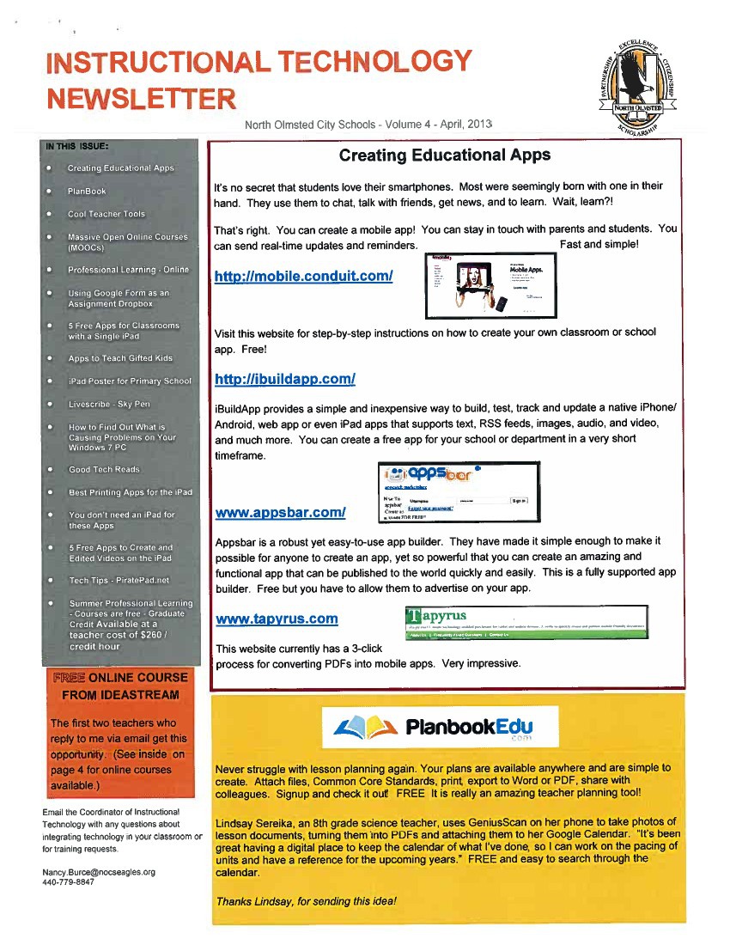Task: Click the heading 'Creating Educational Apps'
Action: [445, 155]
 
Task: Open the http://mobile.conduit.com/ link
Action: [304, 276]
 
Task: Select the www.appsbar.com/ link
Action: [280, 513]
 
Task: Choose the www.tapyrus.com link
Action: [276, 619]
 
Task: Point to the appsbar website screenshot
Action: [459, 492]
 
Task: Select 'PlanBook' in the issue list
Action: [87, 192]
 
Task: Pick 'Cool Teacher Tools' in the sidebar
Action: [106, 214]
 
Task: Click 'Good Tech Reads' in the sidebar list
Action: [104, 470]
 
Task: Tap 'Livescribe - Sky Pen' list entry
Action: [109, 404]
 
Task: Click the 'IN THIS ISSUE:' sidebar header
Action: [76, 146]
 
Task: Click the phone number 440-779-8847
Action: [68, 882]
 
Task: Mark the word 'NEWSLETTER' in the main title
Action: [141, 98]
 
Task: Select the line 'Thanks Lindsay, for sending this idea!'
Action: [307, 901]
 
